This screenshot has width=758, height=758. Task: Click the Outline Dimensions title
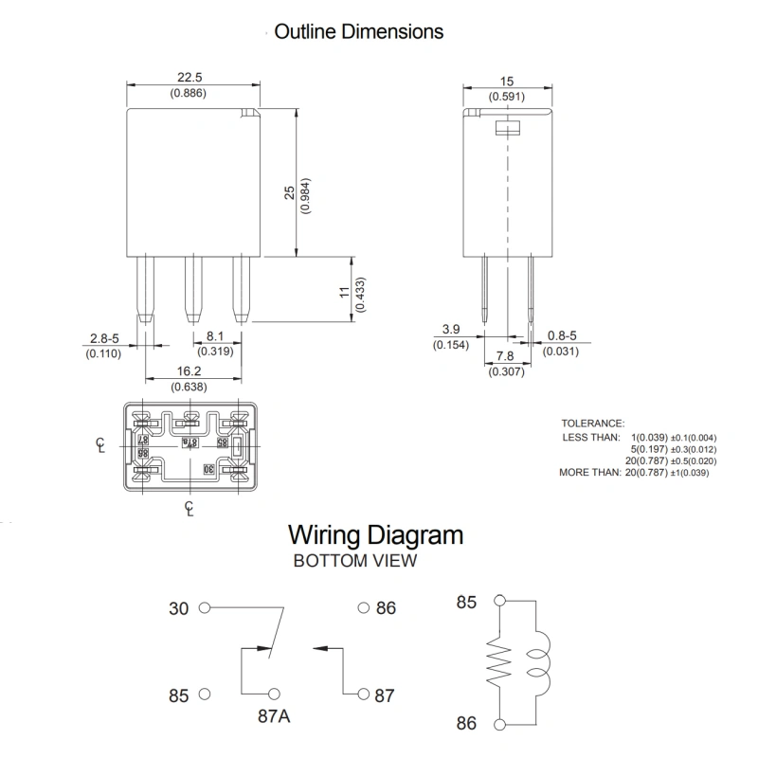point(358,31)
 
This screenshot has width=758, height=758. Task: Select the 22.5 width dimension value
point(188,79)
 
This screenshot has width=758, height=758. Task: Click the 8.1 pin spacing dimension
point(214,336)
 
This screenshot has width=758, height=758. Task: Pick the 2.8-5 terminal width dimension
point(106,338)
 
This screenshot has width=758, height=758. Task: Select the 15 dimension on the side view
point(506,81)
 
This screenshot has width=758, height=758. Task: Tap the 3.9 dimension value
point(451,329)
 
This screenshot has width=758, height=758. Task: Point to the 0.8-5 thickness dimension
point(562,336)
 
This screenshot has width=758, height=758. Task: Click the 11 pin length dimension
point(344,295)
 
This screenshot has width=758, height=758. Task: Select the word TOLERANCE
point(592,423)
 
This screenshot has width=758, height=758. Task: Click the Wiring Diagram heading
point(375,534)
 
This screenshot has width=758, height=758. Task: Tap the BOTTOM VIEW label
point(355,561)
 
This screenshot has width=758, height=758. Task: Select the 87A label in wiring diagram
point(272,717)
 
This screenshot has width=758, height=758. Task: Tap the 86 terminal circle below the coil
point(500,724)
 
